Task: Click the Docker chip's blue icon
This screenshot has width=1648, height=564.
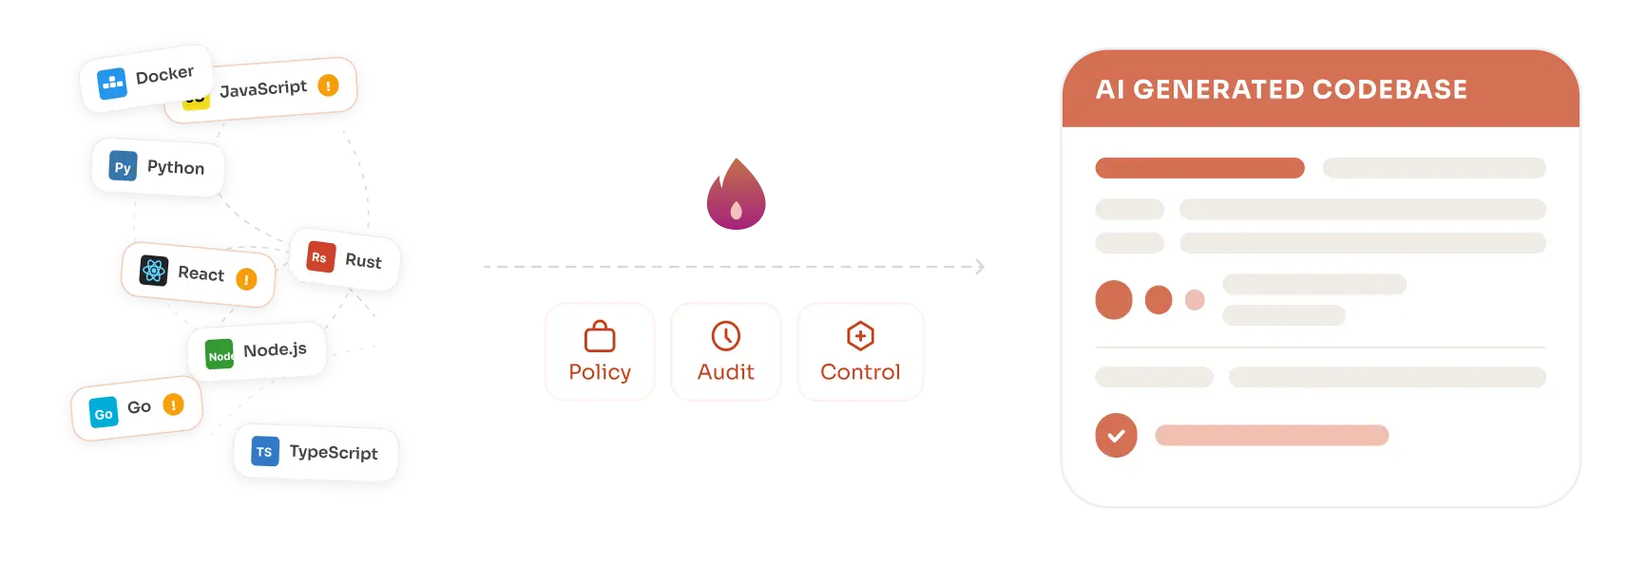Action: tap(112, 84)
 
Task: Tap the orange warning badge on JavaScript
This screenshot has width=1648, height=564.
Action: tap(328, 85)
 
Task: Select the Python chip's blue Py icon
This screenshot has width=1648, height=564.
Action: tap(123, 167)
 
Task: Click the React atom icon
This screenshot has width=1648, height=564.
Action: tap(154, 271)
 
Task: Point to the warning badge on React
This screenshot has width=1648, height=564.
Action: tap(246, 279)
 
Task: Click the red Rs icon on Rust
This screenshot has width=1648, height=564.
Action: tap(320, 257)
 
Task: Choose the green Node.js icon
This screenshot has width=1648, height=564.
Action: tap(220, 355)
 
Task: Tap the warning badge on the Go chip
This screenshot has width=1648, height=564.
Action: tap(173, 404)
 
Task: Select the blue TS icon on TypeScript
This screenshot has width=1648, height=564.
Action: tap(264, 452)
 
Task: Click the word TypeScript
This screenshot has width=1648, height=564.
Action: tap(333, 453)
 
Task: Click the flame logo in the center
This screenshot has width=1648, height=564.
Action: tap(736, 196)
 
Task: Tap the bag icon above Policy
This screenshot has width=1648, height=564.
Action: tap(600, 336)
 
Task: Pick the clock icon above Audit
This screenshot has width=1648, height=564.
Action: tap(726, 336)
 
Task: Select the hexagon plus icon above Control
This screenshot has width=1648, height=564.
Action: tap(860, 336)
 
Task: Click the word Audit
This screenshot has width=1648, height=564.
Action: tap(726, 372)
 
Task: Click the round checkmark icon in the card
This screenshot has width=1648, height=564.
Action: tap(1116, 436)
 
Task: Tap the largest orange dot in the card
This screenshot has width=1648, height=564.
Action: tap(1114, 300)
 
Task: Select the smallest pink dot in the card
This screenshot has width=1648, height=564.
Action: tap(1195, 300)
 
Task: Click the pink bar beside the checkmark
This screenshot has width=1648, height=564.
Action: tap(1272, 436)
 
